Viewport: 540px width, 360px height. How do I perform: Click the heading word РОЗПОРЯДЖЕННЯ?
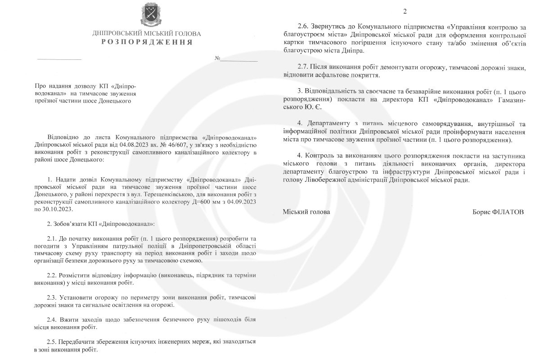[147, 42]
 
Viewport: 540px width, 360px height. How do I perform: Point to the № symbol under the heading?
[217, 58]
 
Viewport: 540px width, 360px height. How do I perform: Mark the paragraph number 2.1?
[52, 238]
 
